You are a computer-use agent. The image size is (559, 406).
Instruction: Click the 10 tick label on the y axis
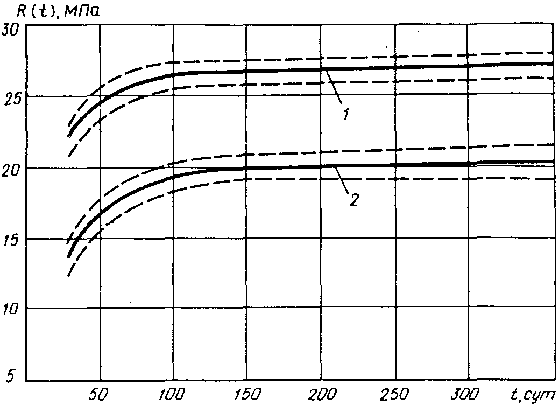(x=12, y=310)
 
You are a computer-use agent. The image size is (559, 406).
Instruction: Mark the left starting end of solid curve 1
(x=68, y=136)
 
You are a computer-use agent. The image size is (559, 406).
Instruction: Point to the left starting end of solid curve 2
(x=68, y=257)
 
